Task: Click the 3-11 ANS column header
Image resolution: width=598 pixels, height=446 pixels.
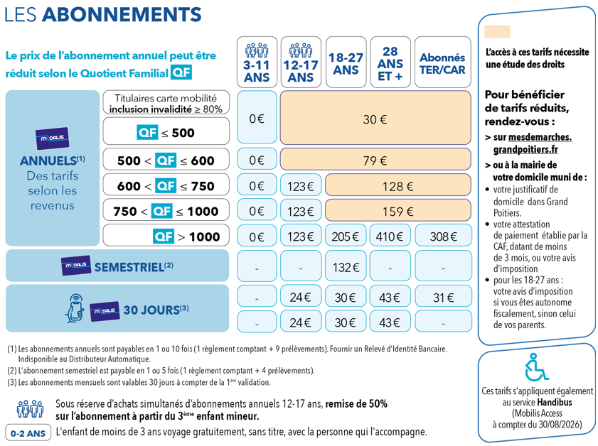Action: pos(257,62)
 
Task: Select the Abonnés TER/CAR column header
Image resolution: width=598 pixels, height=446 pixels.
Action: pos(442,62)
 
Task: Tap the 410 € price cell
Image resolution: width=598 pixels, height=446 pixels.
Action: pos(390,236)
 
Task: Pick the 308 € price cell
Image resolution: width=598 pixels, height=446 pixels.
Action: pos(443,236)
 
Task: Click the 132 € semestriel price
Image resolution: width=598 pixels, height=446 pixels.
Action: pos(346,267)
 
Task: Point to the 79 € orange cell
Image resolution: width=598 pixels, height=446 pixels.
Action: pos(375,161)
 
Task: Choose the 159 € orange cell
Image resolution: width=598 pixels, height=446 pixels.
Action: pos(398,211)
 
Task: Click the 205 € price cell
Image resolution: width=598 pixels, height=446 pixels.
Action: pos(346,236)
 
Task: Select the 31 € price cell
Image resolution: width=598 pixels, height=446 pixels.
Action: pos(443,297)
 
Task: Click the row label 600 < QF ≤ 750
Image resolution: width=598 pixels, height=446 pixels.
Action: pos(166,185)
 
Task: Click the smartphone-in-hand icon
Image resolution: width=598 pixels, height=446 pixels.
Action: pos(75,308)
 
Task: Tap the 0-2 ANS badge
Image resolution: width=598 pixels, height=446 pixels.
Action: pos(28,433)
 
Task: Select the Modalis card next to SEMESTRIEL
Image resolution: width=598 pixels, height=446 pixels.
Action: pos(76,265)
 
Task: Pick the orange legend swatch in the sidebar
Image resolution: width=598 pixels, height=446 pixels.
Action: pos(497,32)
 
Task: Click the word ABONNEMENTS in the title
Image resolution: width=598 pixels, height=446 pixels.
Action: pos(122,14)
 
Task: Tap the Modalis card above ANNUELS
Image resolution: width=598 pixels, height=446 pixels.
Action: pos(52,138)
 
